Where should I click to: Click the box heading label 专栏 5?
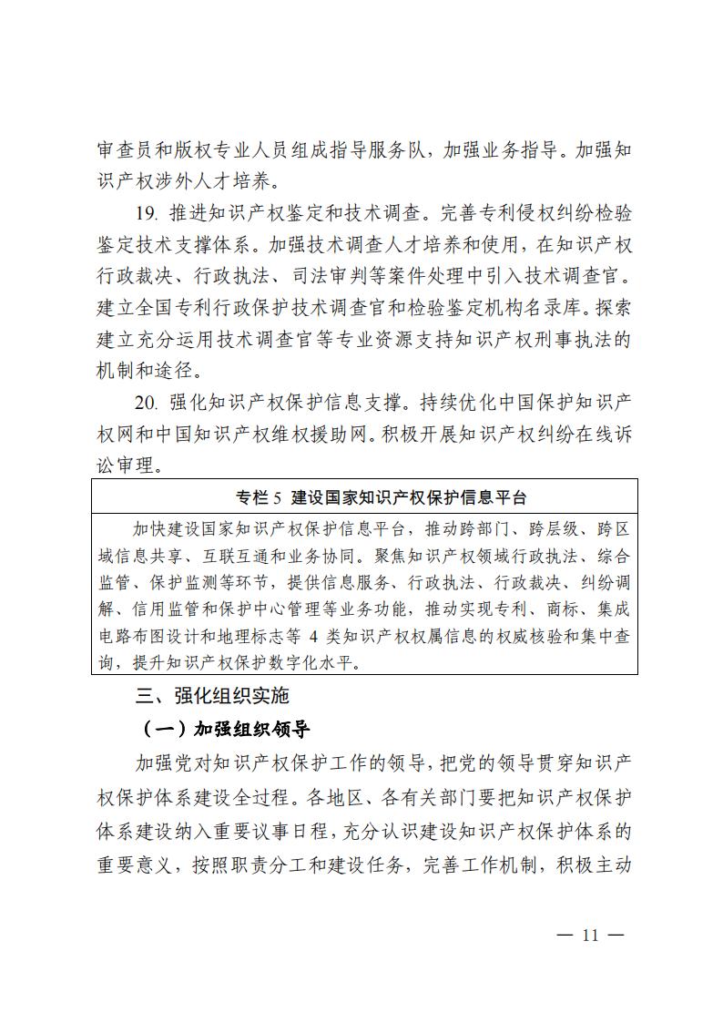tap(260, 498)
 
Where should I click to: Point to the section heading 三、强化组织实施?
tap(212, 696)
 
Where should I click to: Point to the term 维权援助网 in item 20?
tap(325, 435)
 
